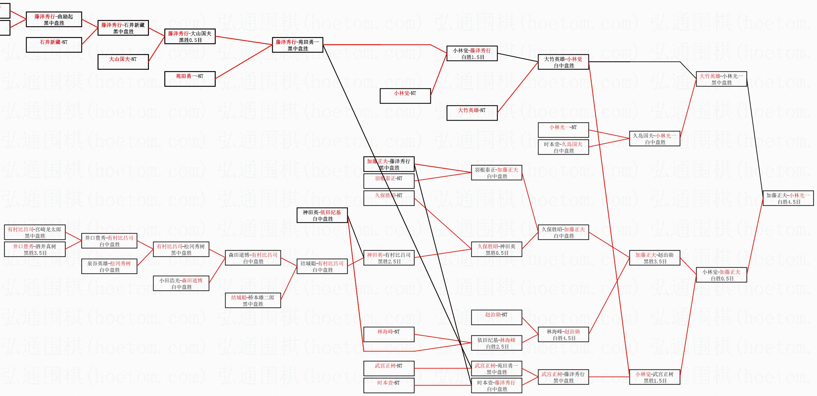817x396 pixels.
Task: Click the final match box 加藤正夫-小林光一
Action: [788, 198]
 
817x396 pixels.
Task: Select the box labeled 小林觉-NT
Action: [405, 96]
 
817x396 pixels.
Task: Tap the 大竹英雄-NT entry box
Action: [472, 113]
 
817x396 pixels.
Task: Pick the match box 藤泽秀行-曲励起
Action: [54, 19]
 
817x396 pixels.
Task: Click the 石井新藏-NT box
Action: [54, 45]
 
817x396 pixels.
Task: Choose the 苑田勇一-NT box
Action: [190, 79]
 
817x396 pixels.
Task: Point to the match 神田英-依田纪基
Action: [322, 216]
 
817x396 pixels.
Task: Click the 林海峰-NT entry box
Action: [389, 334]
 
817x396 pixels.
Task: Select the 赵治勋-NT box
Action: [496, 317]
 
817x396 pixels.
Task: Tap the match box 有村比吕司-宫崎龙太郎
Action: [35, 232]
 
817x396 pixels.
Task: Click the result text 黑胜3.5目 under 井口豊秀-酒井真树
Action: [35, 253]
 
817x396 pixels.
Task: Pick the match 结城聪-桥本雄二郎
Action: [253, 300]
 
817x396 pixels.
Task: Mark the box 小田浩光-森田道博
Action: [181, 283]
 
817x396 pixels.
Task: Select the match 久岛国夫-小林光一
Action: [654, 139]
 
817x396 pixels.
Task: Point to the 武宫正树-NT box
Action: [389, 368]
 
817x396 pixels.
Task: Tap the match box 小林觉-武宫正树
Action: [654, 377]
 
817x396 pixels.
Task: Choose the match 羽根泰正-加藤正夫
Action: [496, 173]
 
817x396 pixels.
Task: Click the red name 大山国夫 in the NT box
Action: [119, 59]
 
